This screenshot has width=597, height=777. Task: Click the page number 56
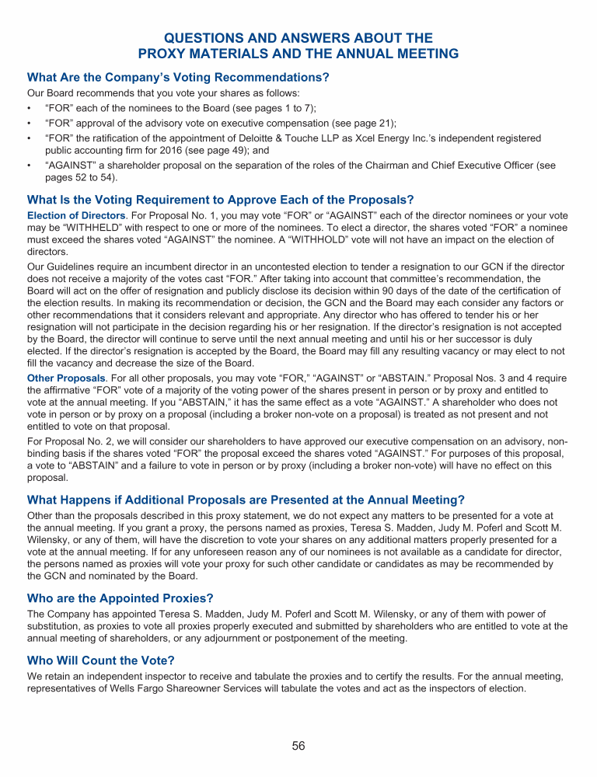coord(298,746)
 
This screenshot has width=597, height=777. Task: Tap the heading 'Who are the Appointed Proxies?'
coord(120,598)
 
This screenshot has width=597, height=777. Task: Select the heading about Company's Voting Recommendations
coord(178,77)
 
